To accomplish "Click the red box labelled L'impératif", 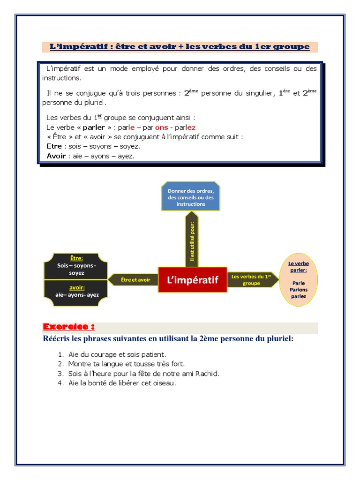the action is (x=193, y=280).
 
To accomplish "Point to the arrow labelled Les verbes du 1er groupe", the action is (x=252, y=280).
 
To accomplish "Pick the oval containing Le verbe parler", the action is (x=298, y=280).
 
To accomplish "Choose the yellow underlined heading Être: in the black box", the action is (x=76, y=258).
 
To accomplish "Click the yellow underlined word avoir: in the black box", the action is (x=76, y=287).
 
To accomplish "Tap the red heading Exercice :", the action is (x=68, y=327).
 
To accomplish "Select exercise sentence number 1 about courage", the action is (x=117, y=354).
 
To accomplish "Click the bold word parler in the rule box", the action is (x=94, y=127).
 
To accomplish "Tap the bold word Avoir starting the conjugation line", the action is (x=56, y=156).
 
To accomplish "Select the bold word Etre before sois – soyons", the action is (x=54, y=146).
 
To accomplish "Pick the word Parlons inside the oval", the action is (x=298, y=289).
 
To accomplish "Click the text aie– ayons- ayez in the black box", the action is (x=77, y=295).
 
